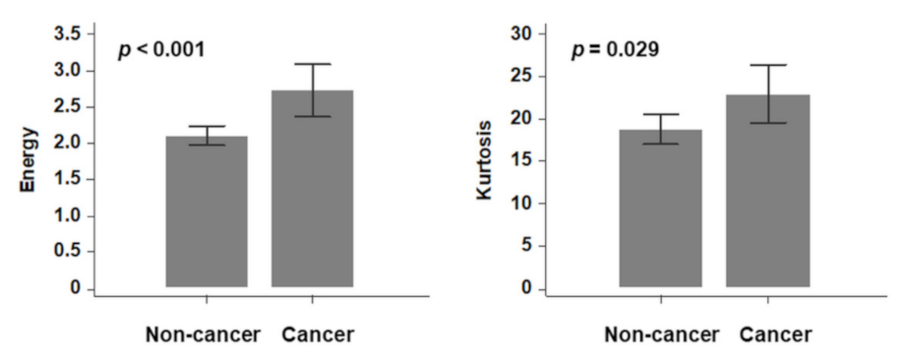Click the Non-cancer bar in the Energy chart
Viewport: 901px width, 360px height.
point(206,211)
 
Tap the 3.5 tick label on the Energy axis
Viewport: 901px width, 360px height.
point(69,34)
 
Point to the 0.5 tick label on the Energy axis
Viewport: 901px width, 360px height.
point(69,253)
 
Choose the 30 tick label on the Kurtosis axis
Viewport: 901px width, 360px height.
point(524,34)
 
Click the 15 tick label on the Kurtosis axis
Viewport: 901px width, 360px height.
point(524,161)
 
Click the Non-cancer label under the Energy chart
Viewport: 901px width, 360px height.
point(205,334)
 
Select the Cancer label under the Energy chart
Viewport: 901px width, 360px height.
point(318,334)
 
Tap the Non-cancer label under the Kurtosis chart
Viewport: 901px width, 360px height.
point(658,334)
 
